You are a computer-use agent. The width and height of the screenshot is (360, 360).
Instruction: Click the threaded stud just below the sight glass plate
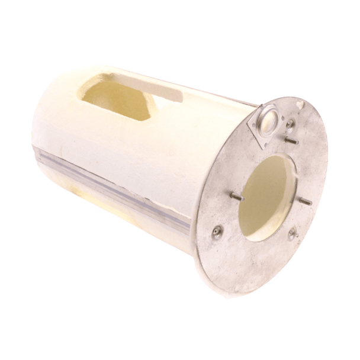point(290,141)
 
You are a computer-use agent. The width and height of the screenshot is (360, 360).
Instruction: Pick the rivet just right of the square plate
point(290,124)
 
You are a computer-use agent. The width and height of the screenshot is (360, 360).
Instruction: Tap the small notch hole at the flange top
point(300,105)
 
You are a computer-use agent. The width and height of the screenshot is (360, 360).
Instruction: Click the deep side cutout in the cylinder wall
point(116,98)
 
